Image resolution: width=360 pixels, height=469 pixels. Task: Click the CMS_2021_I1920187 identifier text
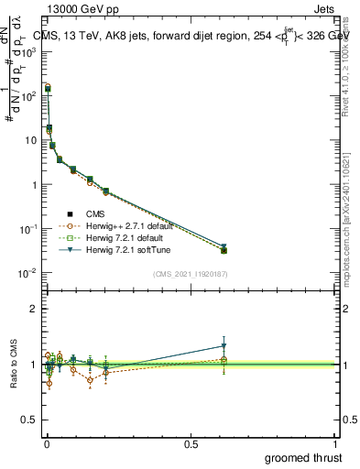click(190, 274)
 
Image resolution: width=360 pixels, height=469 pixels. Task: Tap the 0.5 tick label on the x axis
click(191, 443)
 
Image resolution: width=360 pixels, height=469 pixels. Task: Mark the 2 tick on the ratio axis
click(34, 309)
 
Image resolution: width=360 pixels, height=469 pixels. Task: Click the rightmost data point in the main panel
click(224, 250)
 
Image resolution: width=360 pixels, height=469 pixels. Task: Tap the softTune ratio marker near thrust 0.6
click(224, 346)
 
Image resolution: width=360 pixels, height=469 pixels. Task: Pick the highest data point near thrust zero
click(48, 89)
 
